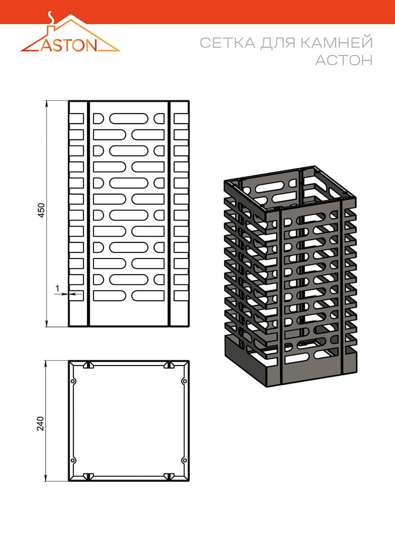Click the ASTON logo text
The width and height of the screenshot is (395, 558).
pos(68,45)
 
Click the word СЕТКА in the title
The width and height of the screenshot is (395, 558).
pos(228,43)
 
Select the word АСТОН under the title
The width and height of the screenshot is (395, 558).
pos(344,60)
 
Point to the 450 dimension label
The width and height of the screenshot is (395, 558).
pos(41,210)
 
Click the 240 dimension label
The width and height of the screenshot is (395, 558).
pos(40,423)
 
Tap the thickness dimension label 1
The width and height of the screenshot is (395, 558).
pos(57,288)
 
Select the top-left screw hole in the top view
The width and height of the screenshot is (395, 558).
pos(73,381)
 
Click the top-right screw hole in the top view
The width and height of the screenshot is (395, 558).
pos(184,381)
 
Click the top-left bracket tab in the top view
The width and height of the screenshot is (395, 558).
pos(88,365)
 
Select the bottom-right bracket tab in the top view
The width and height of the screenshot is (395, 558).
pos(169,476)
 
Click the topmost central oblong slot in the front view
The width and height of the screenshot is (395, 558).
pos(129,119)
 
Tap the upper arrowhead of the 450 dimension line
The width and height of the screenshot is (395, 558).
pos(47,103)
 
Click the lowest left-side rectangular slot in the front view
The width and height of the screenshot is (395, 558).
pos(76,296)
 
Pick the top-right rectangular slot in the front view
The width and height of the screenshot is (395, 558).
pos(181,119)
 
